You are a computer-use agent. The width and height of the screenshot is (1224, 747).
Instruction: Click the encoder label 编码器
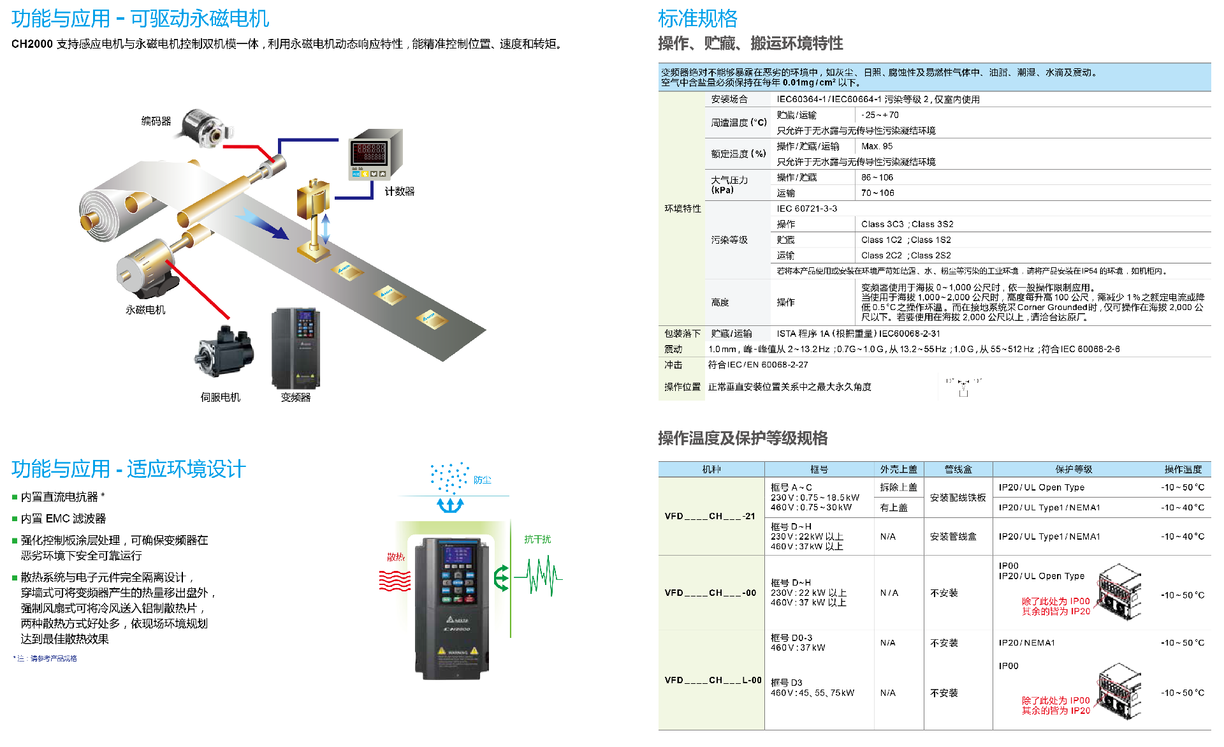pyautogui.click(x=156, y=121)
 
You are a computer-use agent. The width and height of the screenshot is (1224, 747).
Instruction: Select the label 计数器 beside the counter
pyautogui.click(x=399, y=191)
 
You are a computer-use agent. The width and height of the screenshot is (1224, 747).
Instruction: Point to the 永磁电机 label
pyautogui.click(x=145, y=310)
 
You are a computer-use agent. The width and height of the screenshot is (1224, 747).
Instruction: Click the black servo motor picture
pyautogui.click(x=224, y=353)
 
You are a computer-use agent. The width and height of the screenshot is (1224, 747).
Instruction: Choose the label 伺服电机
pyautogui.click(x=220, y=397)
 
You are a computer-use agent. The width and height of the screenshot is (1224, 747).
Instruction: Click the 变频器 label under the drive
pyautogui.click(x=296, y=397)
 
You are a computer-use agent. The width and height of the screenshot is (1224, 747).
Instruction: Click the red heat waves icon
pyautogui.click(x=395, y=581)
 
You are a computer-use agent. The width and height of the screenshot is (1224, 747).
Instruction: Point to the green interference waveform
pyautogui.click(x=539, y=576)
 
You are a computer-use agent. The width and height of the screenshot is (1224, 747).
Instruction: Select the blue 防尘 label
pyautogui.click(x=482, y=480)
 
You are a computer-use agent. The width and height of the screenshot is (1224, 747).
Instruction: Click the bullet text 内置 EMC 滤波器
pyautogui.click(x=63, y=519)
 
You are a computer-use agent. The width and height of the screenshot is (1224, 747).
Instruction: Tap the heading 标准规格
pyautogui.click(x=697, y=19)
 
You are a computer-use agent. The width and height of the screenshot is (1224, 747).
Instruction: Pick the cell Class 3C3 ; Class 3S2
pyautogui.click(x=907, y=224)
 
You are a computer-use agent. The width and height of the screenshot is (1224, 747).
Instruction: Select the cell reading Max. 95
pyautogui.click(x=877, y=146)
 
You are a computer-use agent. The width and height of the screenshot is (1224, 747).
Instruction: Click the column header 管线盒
pyautogui.click(x=958, y=470)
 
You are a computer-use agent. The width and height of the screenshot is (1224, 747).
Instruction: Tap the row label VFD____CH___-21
pyautogui.click(x=710, y=516)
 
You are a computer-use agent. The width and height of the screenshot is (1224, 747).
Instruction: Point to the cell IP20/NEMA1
pyautogui.click(x=1026, y=642)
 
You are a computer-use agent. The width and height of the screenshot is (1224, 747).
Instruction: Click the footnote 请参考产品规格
pyautogui.click(x=54, y=658)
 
